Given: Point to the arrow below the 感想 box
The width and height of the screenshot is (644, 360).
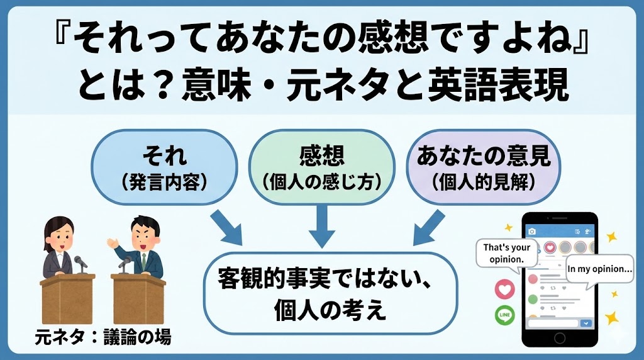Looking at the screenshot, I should (321, 224).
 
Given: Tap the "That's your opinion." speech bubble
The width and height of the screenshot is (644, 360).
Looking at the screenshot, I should (507, 253).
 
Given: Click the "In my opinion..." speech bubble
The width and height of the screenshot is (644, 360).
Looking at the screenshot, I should (599, 269).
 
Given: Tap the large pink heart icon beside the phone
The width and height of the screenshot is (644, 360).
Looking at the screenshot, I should (504, 288).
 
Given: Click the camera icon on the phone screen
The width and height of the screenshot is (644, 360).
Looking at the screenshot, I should (531, 231).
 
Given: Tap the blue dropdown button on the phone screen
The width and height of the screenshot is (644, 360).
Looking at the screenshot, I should (587, 323).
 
